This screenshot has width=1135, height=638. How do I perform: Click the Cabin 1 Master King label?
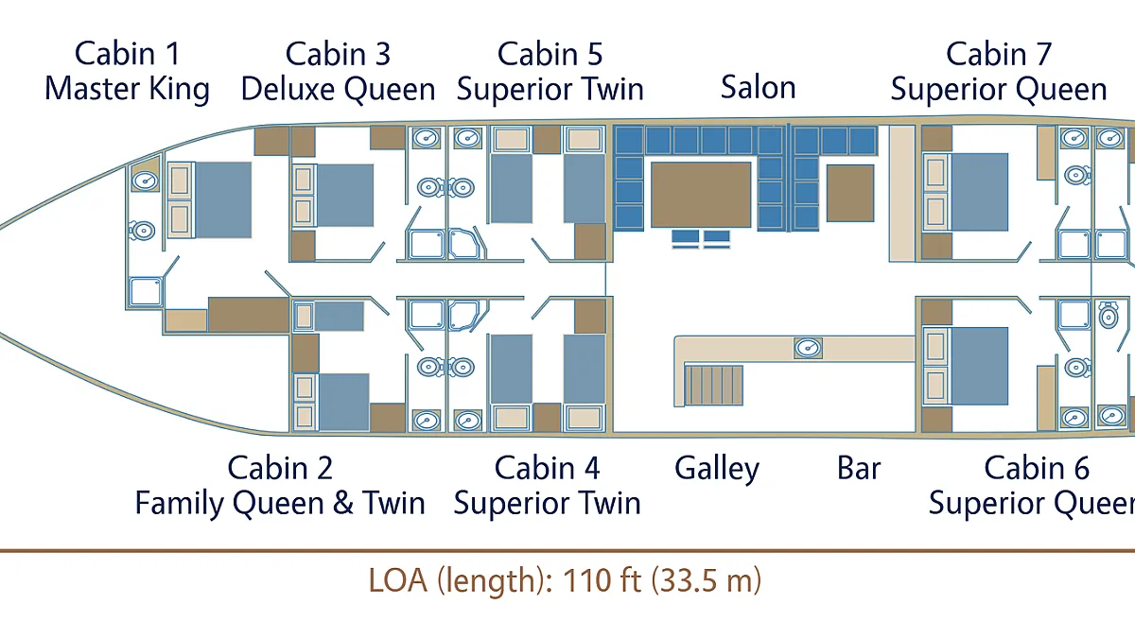(127, 72)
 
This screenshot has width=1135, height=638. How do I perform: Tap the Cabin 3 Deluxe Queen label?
(338, 72)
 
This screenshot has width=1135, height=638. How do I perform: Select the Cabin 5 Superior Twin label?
(550, 72)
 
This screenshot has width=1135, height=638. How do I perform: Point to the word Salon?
(758, 87)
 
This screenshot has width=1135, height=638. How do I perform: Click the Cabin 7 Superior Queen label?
(999, 72)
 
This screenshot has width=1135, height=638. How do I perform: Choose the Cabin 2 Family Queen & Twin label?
(280, 485)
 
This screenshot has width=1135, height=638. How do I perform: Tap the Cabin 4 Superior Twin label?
(548, 485)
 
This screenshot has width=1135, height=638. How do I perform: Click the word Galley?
(717, 470)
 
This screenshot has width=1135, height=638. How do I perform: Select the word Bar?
(859, 468)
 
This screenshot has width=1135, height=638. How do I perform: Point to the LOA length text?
(565, 580)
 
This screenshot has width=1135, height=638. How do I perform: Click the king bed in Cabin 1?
(223, 200)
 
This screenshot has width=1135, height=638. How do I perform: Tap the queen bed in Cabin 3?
(345, 195)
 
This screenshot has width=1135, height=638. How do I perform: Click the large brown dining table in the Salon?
(701, 195)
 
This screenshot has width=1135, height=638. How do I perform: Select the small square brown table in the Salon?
(850, 193)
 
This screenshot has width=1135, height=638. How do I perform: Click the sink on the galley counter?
(808, 348)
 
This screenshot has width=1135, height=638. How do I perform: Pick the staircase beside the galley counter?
(713, 386)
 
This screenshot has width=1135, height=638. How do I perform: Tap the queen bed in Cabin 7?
(980, 193)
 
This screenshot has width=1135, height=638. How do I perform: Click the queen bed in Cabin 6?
(980, 366)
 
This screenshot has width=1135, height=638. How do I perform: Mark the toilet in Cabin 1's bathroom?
(142, 231)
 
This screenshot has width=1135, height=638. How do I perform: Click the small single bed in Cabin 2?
(339, 316)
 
